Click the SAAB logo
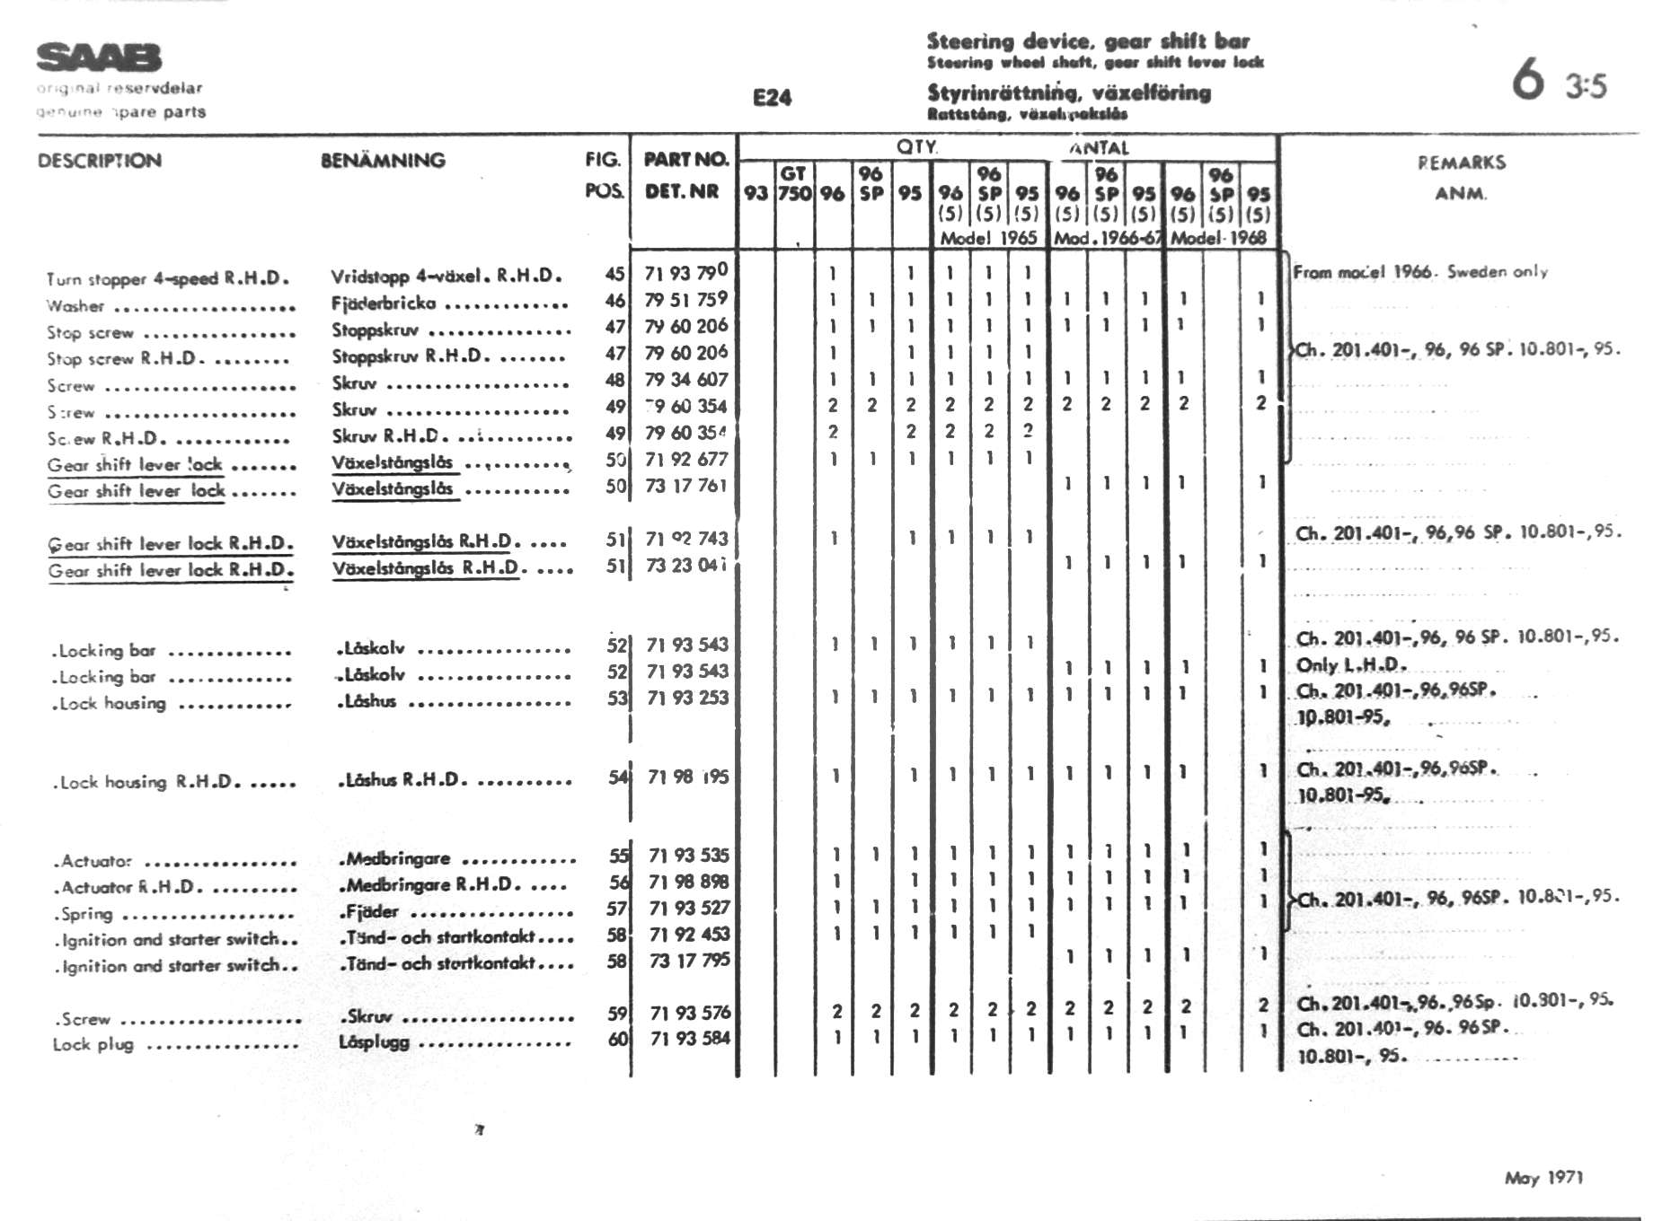tap(99, 57)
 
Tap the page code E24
tap(772, 98)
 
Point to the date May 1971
tap(1543, 1177)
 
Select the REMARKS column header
tap(1461, 163)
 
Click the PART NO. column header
tap(685, 160)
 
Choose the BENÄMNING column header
tap(383, 161)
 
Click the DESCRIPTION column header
tap(100, 161)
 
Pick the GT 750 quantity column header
tap(794, 183)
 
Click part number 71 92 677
tap(686, 460)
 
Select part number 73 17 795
tap(689, 961)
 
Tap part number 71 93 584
tap(690, 1039)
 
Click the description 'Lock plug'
tap(93, 1045)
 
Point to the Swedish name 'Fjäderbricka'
tap(384, 303)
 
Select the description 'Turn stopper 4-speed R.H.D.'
tap(167, 278)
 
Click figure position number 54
tap(617, 777)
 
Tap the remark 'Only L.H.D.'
tap(1350, 665)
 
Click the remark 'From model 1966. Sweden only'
tap(1419, 271)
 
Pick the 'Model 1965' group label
tap(988, 239)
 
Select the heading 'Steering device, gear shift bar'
tap(1088, 41)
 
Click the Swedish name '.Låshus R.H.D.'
tap(402, 779)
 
